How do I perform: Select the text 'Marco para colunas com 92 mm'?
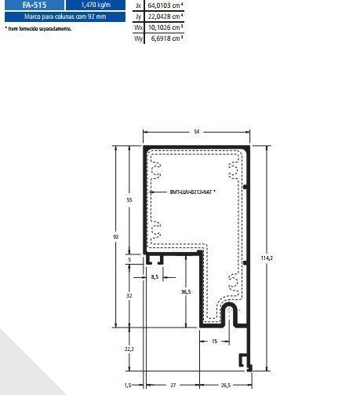[x=62, y=16]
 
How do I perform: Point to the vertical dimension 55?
[x=129, y=199]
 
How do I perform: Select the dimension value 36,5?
[x=185, y=292]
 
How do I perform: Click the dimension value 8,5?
[x=155, y=277]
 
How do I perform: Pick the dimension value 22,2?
[x=129, y=349]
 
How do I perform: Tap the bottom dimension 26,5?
[x=226, y=386]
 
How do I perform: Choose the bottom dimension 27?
[x=172, y=386]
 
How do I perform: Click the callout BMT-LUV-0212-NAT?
[x=192, y=192]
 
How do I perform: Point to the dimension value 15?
[x=214, y=342]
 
